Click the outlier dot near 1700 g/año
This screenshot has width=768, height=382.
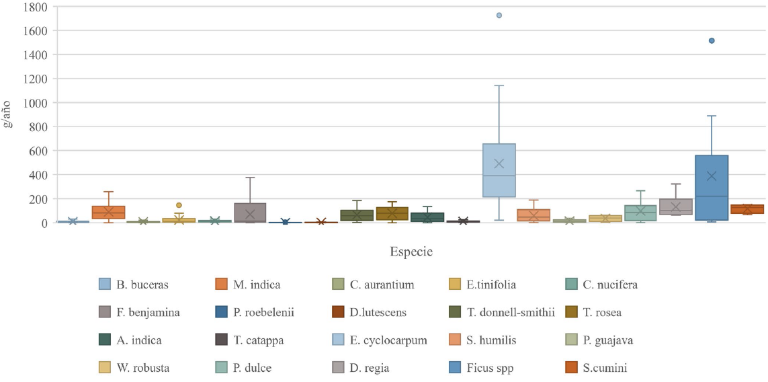point(499,15)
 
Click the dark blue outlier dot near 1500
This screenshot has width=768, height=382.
point(712,41)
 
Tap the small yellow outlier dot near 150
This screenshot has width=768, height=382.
point(179,205)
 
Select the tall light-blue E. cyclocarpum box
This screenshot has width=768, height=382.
point(499,170)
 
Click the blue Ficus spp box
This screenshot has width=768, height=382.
point(712,188)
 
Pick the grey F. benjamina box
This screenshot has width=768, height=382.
point(250,212)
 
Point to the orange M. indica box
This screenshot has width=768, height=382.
point(108,212)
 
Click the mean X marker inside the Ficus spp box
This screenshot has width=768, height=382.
point(712,176)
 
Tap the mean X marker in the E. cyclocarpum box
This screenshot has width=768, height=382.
point(499,163)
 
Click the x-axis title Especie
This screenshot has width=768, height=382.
point(411,252)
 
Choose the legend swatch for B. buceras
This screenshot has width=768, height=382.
point(105,284)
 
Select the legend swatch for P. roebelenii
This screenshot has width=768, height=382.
point(220,313)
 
